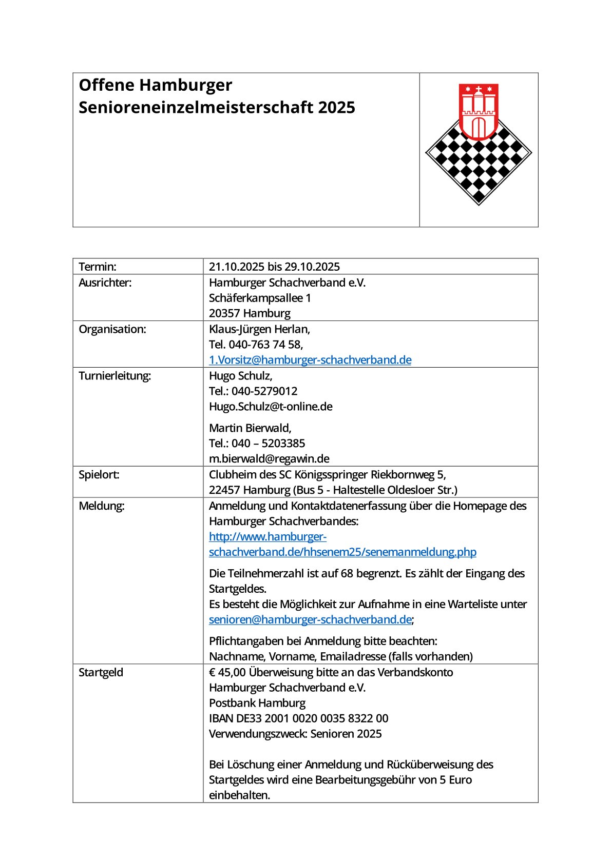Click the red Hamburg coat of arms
point(479,111)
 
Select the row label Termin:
point(98,267)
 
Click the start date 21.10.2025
point(236,267)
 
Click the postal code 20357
point(224,313)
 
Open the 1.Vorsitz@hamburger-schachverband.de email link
point(310,360)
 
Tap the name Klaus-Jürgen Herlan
point(259,329)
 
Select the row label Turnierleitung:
point(114,376)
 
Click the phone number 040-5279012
point(264,391)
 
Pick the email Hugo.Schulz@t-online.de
point(271,407)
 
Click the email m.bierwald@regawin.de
point(269,459)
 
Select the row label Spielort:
point(99,475)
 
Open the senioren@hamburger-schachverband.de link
point(310,619)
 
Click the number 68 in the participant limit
point(347,573)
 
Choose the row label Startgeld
point(101,672)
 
